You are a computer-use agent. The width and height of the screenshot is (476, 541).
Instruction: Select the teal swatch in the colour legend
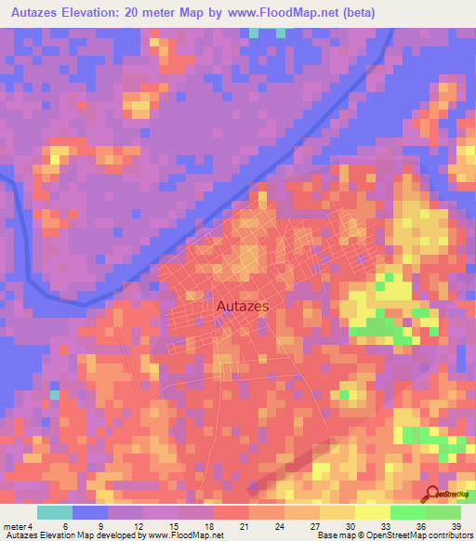click(55, 512)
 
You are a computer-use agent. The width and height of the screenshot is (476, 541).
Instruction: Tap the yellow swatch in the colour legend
click(372, 512)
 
